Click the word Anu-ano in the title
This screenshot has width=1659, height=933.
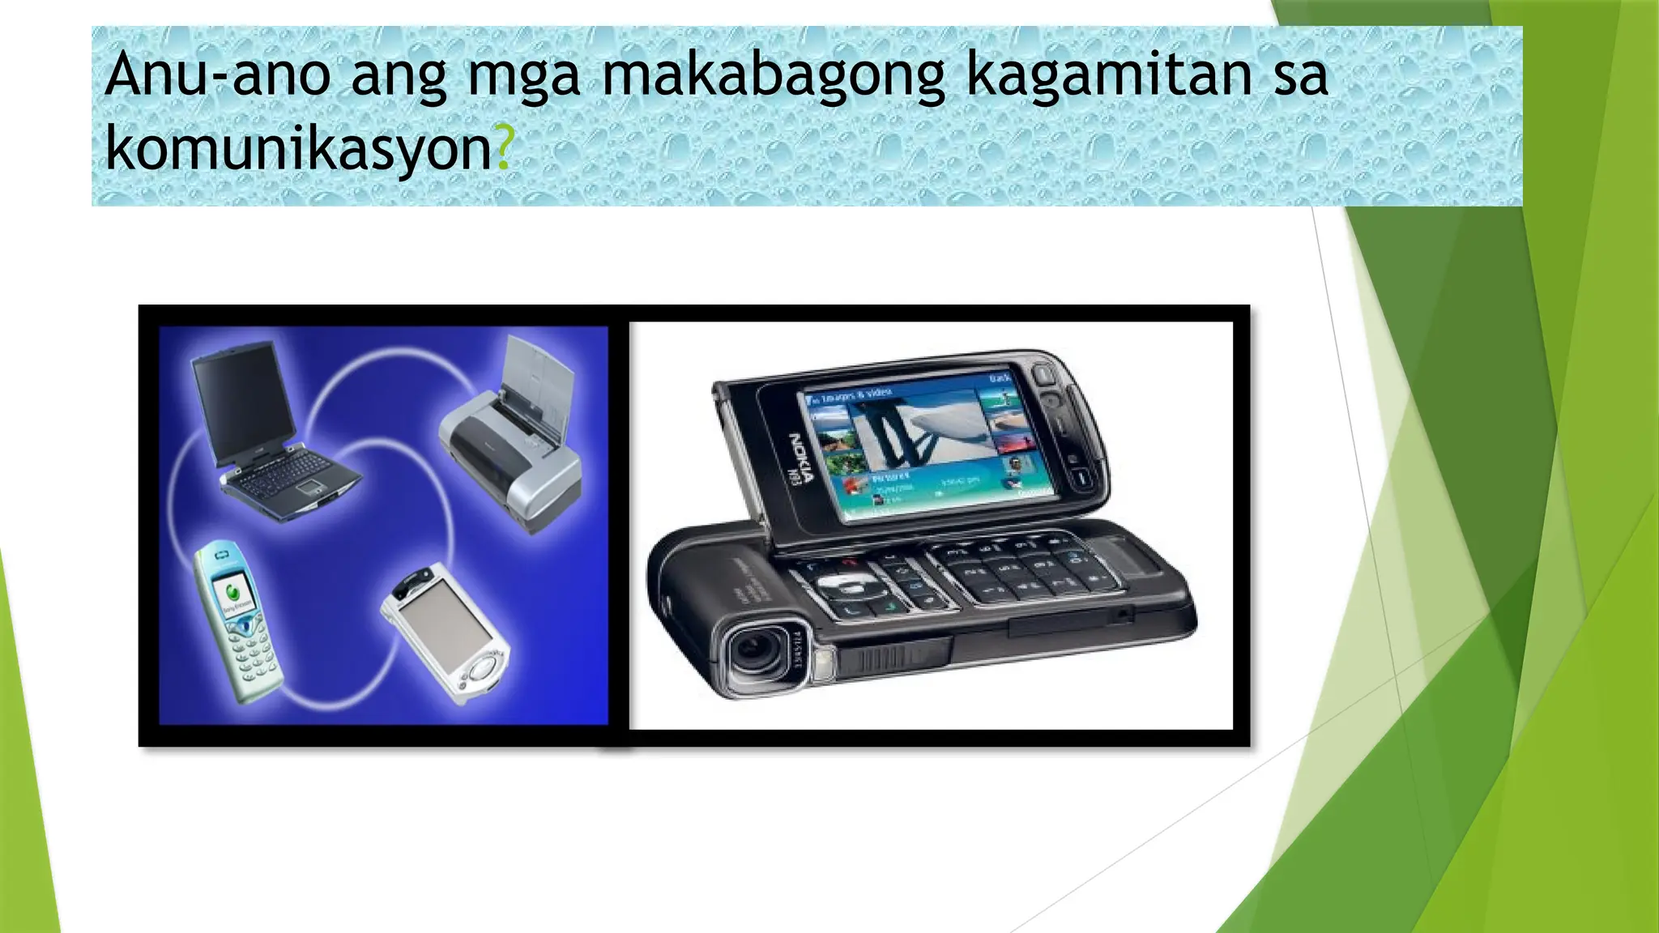click(x=217, y=75)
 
